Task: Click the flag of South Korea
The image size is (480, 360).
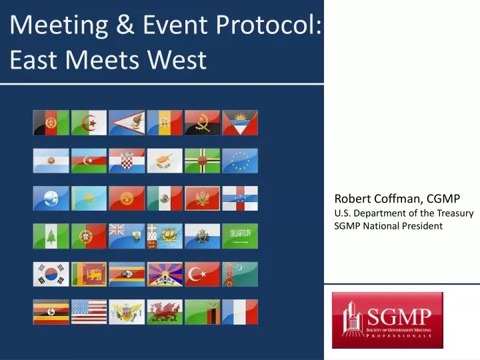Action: tap(51, 274)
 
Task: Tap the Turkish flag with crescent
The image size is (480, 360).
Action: tap(202, 274)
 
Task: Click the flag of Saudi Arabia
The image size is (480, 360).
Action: tap(239, 236)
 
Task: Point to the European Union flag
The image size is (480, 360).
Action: tap(239, 161)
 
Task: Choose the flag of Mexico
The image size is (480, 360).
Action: tap(164, 199)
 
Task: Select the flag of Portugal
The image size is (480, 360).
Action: tap(89, 236)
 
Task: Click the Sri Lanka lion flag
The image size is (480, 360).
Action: tap(89, 274)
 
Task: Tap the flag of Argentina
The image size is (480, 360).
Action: tap(51, 161)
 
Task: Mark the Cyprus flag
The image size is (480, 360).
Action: tap(164, 161)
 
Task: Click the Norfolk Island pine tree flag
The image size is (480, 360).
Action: tap(51, 236)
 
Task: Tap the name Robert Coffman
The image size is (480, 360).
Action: tap(376, 199)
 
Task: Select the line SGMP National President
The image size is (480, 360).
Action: tap(388, 226)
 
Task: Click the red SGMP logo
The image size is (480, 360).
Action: tap(387, 320)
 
